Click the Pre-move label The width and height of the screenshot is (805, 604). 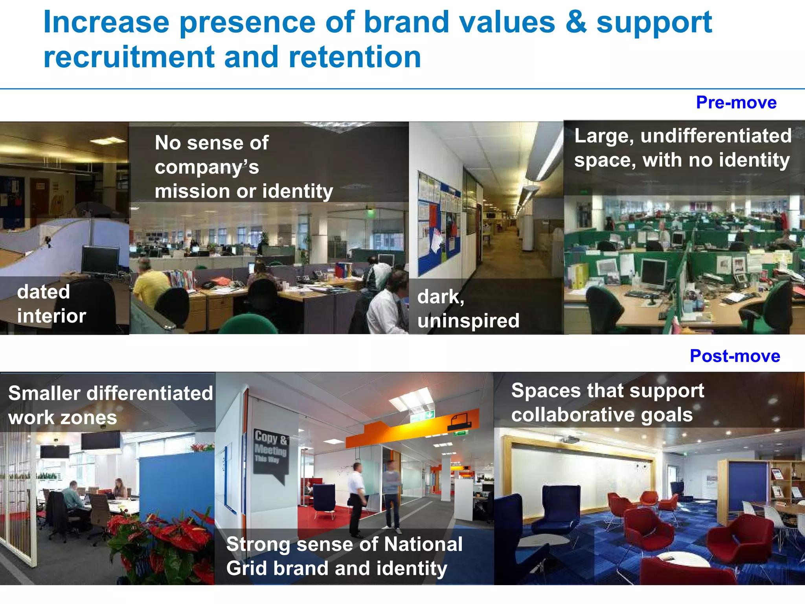click(736, 103)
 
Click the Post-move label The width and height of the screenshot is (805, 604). click(735, 356)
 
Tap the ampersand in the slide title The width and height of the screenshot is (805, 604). click(575, 22)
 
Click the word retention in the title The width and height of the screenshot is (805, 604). click(355, 57)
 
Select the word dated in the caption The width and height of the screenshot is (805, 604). click(44, 292)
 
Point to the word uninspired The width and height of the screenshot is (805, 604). click(468, 320)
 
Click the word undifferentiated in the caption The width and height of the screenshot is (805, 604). click(716, 136)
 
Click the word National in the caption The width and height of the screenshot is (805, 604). click(423, 544)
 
